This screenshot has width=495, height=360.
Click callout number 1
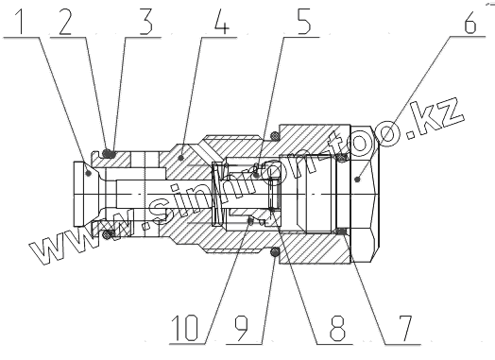[20, 21]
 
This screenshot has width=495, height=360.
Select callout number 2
[66, 21]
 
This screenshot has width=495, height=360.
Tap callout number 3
[145, 21]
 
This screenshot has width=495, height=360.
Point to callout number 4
[222, 21]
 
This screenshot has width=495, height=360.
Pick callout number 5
[303, 21]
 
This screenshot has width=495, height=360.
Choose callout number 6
[470, 21]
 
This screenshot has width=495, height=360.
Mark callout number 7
[405, 329]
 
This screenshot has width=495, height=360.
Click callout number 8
[337, 329]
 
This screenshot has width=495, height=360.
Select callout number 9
[241, 329]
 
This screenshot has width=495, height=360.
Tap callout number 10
[185, 329]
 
